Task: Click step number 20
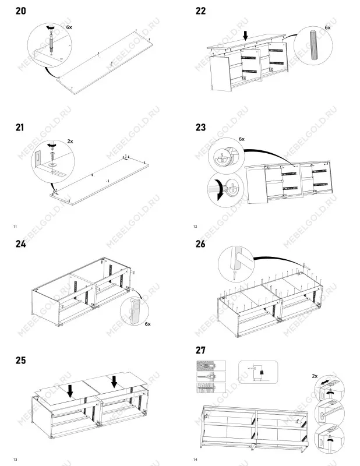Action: click(21, 11)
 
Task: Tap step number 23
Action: click(200, 128)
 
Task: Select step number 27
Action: click(200, 350)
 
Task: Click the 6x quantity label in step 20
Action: click(69, 27)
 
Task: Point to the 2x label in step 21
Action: click(70, 141)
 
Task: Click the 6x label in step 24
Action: click(148, 324)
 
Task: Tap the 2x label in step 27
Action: click(315, 376)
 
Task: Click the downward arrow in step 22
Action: click(245, 36)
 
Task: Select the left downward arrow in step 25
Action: click(70, 391)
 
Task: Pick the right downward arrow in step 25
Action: click(114, 382)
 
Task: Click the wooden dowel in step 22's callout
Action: click(313, 45)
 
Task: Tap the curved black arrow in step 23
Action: click(220, 190)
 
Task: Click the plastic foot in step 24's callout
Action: click(135, 311)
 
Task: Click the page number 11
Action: click(15, 227)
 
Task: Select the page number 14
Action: click(195, 460)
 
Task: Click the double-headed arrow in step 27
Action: click(326, 382)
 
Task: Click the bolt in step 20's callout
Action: click(51, 43)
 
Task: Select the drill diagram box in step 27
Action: click(258, 372)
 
